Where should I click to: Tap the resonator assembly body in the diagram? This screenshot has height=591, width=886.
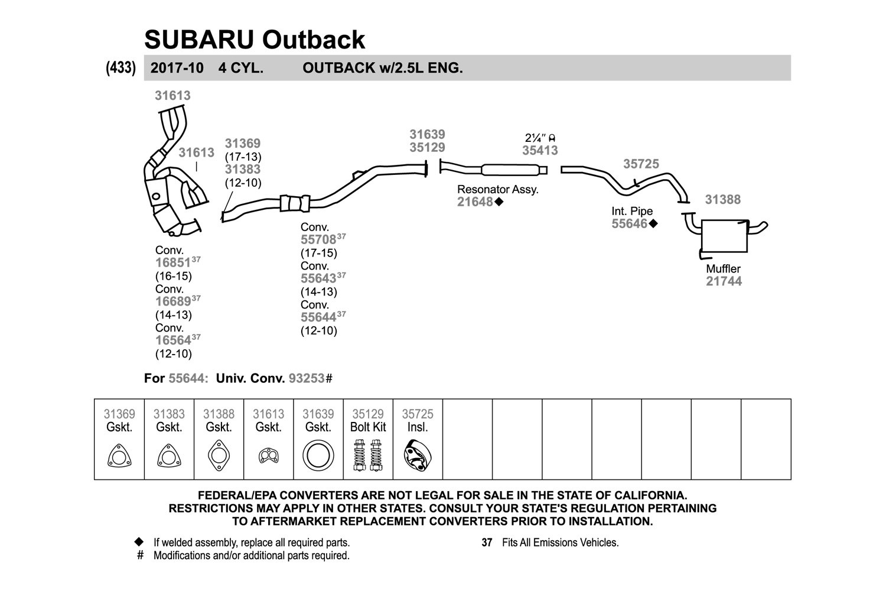510,170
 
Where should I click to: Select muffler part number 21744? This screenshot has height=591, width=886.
724,281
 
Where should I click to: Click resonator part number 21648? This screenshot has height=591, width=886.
475,202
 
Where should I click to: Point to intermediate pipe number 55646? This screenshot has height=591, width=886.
629,223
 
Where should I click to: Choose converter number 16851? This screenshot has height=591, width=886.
173,262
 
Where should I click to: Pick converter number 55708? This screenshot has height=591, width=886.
318,239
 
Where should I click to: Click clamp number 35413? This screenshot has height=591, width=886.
540,151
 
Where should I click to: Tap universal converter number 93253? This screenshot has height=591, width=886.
307,378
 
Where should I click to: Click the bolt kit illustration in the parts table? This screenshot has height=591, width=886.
368,455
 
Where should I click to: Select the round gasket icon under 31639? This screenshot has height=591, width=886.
318,455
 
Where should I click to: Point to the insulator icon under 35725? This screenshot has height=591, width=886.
418,455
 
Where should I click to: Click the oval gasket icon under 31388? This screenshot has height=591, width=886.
219,455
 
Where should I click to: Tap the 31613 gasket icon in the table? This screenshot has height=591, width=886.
269,455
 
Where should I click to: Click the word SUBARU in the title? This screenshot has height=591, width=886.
199,40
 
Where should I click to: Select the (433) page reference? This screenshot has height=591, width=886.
120,68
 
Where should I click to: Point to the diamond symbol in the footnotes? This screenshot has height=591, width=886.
139,541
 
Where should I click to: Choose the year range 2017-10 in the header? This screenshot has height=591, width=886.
177,68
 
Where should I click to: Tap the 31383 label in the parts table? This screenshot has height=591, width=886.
169,414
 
